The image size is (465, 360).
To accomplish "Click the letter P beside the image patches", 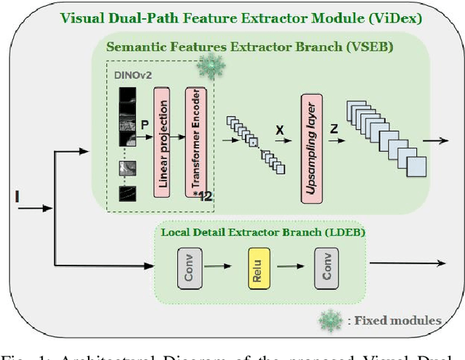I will [x=143, y=124].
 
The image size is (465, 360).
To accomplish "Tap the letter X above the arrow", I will [x=279, y=130].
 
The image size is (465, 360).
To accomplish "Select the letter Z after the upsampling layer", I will [x=335, y=129].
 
